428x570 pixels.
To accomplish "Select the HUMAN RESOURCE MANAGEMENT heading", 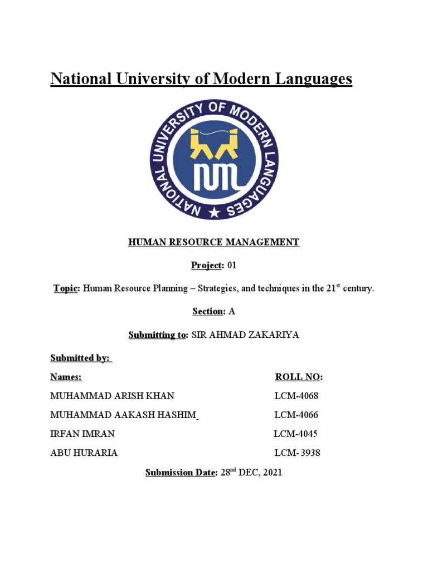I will coord(214,242).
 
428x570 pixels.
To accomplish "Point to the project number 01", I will coord(231,266).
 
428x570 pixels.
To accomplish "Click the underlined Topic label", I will coord(66,289).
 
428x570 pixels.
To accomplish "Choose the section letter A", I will coord(232,312).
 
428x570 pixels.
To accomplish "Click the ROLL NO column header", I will coord(298,377).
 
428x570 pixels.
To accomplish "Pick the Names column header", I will coord(66,377).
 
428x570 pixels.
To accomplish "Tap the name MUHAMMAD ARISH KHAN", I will coord(112,396).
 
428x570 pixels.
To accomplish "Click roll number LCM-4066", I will coord(296,415).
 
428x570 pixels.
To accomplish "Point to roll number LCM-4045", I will coord(296,434).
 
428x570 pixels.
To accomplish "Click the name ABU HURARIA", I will coord(84,453).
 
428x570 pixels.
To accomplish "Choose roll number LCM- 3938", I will coord(298,453).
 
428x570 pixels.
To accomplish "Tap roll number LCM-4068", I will coord(296,396).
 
